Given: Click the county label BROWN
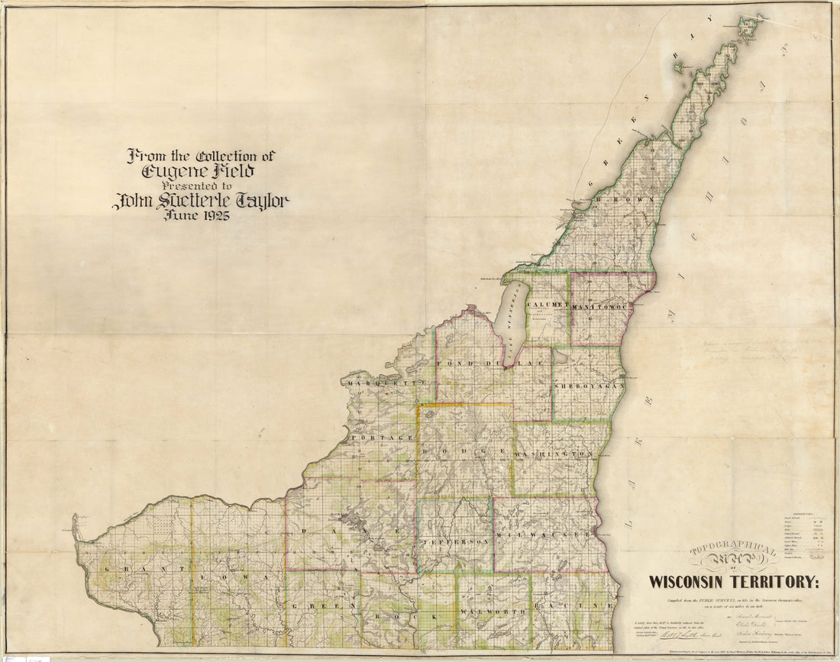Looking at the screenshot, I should tap(625, 199).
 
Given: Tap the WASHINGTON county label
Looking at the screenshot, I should tap(554, 454).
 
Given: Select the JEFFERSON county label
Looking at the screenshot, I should tap(454, 541).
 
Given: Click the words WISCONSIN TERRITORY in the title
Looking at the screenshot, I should tap(733, 582).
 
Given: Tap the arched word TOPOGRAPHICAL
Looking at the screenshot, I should tap(733, 551).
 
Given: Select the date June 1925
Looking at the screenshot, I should tap(200, 215).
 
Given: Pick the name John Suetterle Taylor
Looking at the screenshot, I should tap(200, 202).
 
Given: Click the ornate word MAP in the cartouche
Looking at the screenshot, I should tap(733, 564).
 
